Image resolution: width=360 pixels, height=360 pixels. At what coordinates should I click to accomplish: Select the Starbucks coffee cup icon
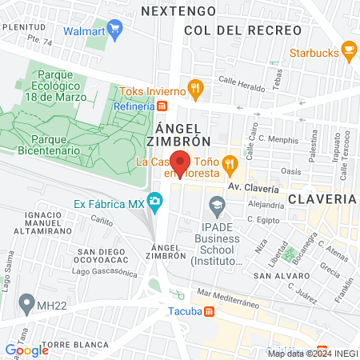coord(349,51)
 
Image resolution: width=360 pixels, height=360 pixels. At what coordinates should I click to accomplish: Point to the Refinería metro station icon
coord(162,106)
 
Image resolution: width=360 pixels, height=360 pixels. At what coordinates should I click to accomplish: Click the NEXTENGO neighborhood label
coord(178,11)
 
